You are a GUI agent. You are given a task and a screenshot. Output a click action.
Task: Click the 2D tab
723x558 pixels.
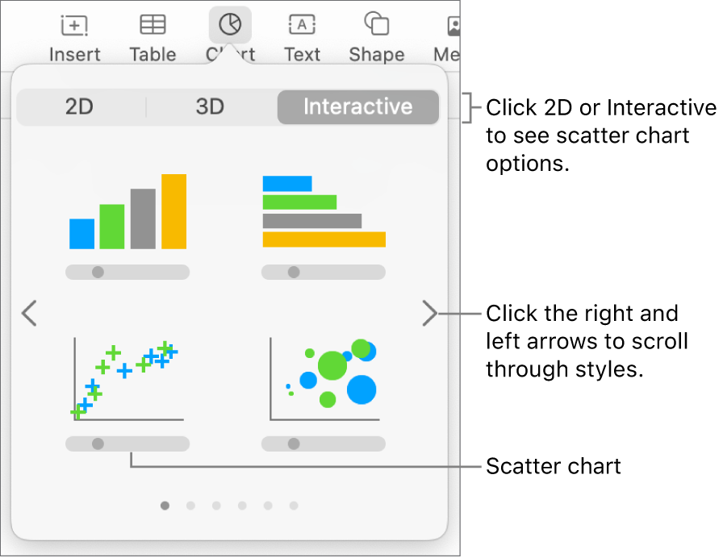point(79,107)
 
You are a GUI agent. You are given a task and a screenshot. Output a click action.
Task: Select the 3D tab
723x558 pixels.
point(210,107)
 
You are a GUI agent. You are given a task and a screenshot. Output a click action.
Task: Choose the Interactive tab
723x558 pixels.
point(357,107)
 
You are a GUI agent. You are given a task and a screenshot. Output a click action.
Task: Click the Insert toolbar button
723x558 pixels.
point(74,37)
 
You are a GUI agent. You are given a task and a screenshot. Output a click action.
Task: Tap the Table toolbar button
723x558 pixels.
point(153,37)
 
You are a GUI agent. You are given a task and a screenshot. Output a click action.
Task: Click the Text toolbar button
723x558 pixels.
point(302,37)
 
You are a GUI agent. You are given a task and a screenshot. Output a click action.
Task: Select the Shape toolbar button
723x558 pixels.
point(376,37)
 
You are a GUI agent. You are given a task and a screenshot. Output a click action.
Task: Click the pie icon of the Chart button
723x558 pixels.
point(230,26)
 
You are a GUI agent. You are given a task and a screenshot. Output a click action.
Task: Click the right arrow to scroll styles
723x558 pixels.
point(429,313)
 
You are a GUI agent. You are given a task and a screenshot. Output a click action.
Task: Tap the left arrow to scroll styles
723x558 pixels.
point(30,313)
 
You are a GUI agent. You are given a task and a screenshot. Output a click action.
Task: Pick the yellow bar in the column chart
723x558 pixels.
point(173,211)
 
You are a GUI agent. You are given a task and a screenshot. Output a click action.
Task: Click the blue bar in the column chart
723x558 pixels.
point(81,234)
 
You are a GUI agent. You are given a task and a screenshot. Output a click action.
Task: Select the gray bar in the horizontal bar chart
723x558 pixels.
point(311,221)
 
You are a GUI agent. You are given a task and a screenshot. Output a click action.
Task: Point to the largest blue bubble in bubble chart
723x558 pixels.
point(361,389)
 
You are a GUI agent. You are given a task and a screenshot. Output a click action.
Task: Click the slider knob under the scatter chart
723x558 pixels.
point(98,443)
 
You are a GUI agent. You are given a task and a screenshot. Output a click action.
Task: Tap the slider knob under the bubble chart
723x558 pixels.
point(294,443)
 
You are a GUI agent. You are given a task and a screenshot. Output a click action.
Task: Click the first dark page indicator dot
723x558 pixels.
point(165,506)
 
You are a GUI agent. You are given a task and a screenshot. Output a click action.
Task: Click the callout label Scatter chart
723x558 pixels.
point(554,466)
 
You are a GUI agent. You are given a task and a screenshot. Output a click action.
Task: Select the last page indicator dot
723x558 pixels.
point(294,506)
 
